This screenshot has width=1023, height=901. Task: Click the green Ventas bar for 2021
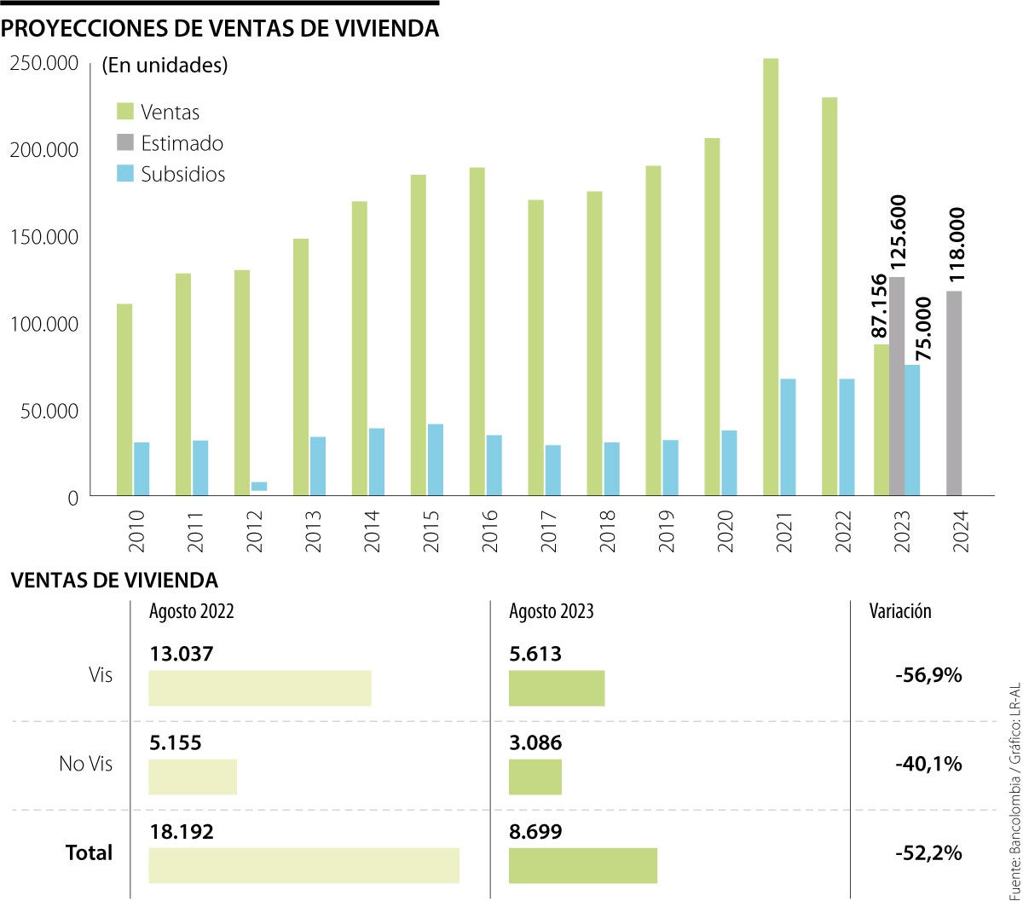click(x=771, y=276)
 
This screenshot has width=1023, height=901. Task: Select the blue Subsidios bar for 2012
click(x=258, y=487)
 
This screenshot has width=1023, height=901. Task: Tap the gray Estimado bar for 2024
click(x=955, y=392)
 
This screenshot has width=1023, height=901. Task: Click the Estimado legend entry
click(x=170, y=143)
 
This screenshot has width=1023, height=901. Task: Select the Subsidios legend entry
click(x=170, y=174)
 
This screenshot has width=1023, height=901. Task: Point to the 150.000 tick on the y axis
click(x=43, y=237)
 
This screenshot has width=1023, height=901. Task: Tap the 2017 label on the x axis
click(x=548, y=530)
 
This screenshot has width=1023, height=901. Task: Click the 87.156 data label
click(x=880, y=306)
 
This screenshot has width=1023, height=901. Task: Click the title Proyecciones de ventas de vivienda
click(x=220, y=29)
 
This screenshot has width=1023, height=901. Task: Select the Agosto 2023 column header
click(x=551, y=611)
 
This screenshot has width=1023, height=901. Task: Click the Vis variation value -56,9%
click(x=928, y=675)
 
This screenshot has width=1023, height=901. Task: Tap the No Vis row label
click(x=85, y=764)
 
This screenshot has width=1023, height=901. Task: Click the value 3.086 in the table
click(x=535, y=742)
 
